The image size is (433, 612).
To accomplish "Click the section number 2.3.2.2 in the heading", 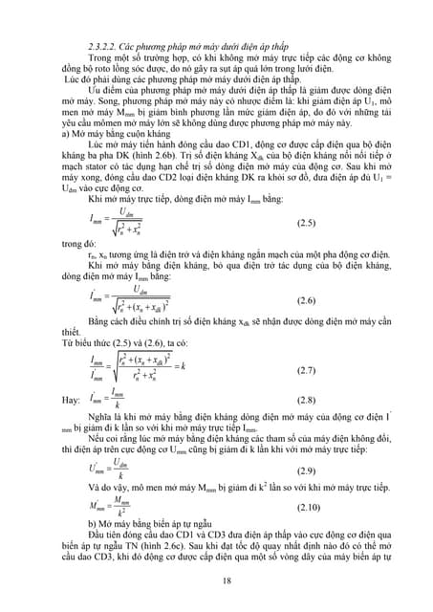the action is coord(102,46).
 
